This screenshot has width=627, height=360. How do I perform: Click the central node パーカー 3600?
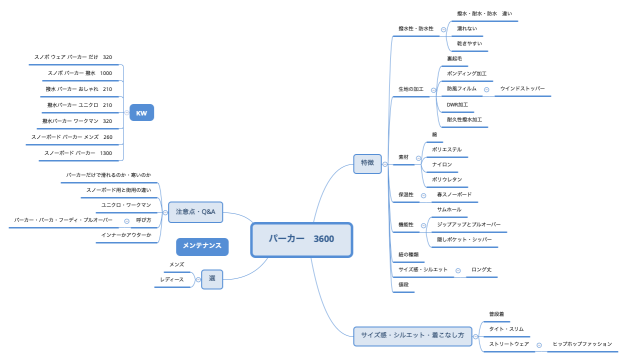pyautogui.click(x=301, y=239)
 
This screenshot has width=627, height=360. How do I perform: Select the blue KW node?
pyautogui.click(x=141, y=113)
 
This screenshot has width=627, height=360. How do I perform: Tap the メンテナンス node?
pyautogui.click(x=200, y=245)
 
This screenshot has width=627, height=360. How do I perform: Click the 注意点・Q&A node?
pyautogui.click(x=195, y=211)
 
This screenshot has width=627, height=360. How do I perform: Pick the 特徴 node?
pyautogui.click(x=367, y=162)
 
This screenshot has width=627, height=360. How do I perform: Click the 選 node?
pyautogui.click(x=212, y=279)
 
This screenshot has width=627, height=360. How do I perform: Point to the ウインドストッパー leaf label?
pyautogui.click(x=522, y=88)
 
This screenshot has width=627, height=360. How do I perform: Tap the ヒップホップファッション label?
pyautogui.click(x=581, y=343)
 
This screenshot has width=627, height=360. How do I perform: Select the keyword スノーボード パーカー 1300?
pyautogui.click(x=77, y=153)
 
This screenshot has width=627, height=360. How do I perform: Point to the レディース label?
pyautogui.click(x=172, y=279)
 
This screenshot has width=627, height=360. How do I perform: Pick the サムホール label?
pyautogui.click(x=449, y=210)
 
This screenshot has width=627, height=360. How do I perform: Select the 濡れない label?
pyautogui.click(x=467, y=29)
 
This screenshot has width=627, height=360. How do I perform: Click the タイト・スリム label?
pyautogui.click(x=506, y=328)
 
